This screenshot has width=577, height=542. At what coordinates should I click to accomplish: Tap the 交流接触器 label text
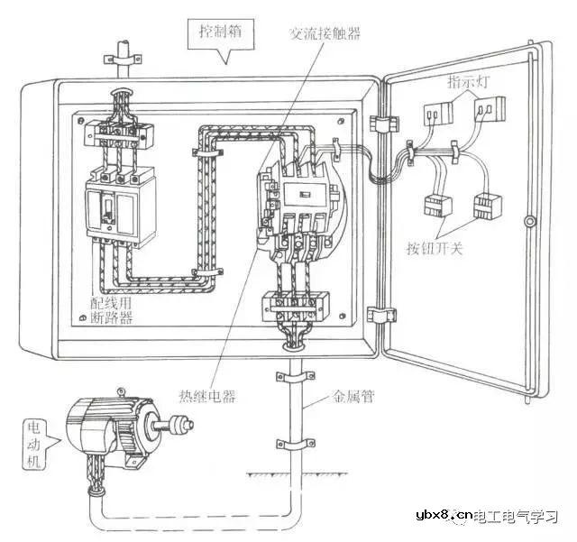[x=324, y=33]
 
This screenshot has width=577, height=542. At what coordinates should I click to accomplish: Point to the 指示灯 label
[x=467, y=83]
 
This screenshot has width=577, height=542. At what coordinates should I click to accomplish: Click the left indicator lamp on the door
[x=435, y=113]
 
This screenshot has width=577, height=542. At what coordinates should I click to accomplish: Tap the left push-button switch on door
[x=437, y=205]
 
